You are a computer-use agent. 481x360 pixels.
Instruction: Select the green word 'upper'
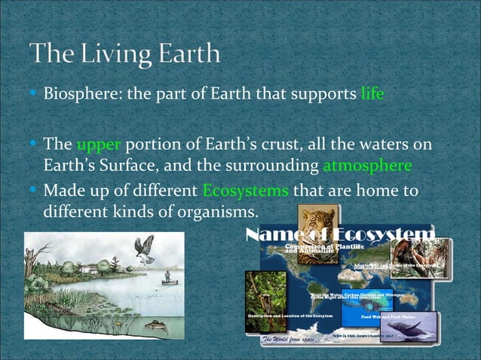[x=98, y=145]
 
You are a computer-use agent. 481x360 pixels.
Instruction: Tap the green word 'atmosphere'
[x=367, y=166]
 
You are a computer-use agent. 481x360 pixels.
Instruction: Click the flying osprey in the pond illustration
[x=144, y=248]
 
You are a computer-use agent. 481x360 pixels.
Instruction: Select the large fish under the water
[x=154, y=325]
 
